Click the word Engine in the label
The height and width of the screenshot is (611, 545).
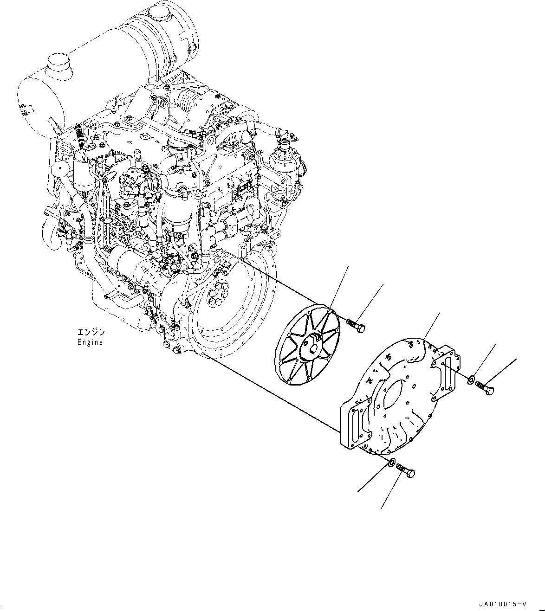click(x=90, y=342)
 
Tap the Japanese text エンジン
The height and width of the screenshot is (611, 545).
click(x=91, y=333)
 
